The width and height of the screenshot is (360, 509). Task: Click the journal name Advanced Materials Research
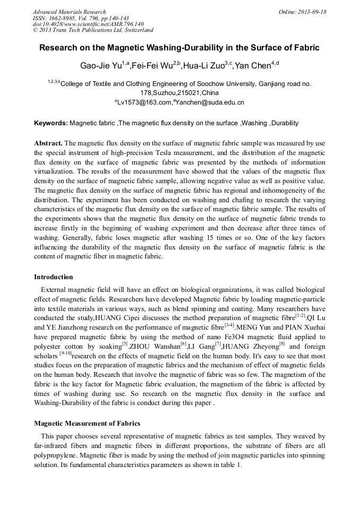pos(69,12)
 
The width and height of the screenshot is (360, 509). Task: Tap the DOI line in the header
pos(88,24)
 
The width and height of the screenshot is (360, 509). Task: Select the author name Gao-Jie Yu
pos(101,66)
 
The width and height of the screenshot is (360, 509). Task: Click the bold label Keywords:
pos(51,123)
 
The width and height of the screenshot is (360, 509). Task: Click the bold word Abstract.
pos(48,144)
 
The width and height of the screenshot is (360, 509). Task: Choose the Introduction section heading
pos(53,277)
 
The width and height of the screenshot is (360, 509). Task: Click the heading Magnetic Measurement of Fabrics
pos(87,424)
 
